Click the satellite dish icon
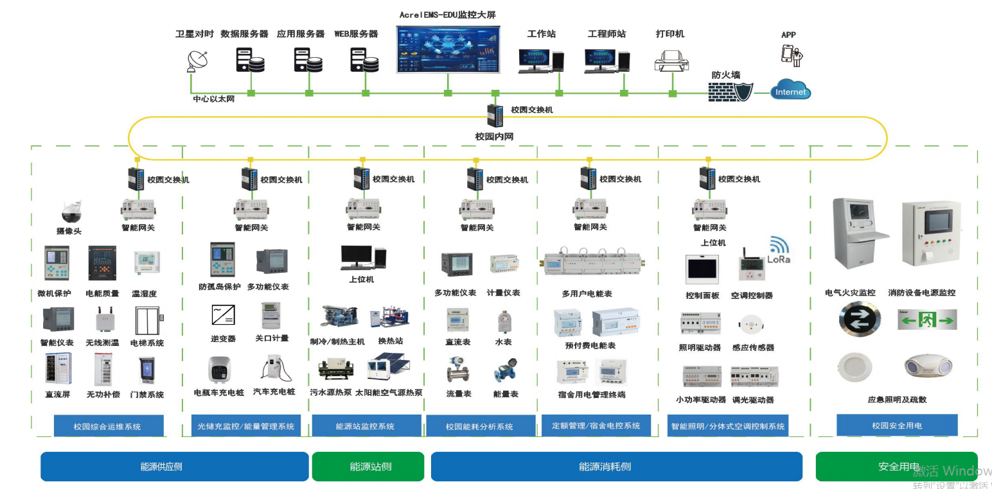pos(197,60)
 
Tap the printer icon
pos(671,61)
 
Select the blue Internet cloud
pos(790,90)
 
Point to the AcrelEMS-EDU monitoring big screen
pos(447,49)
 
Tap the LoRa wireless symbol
pos(779,247)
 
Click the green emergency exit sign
pos(926,319)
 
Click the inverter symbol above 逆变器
pos(223,315)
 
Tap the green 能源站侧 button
pos(368,467)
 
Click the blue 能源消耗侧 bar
pos(616,467)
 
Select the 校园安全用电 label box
pos(897,425)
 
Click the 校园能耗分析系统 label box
pos(479,426)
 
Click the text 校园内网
pos(494,137)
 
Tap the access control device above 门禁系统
pos(146,371)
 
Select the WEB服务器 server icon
pos(364,61)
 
